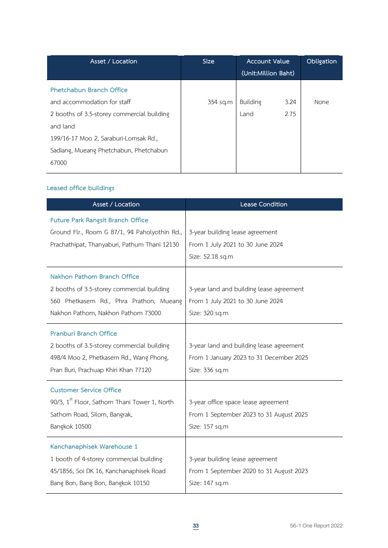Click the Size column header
208,61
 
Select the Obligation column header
322,61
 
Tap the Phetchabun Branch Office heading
89,90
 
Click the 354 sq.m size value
220,102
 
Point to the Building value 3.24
290,102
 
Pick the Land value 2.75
290,114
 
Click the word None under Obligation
322,102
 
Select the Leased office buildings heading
81,188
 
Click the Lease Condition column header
264,204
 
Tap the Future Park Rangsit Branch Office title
99,220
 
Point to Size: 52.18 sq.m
211,257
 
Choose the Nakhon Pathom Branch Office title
95,277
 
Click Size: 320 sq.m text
209,313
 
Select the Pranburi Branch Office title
84,334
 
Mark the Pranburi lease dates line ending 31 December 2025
248,357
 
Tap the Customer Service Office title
86,390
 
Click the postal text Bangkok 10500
71,426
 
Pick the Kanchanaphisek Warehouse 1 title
94,447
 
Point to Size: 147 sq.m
209,483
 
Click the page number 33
196,526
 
